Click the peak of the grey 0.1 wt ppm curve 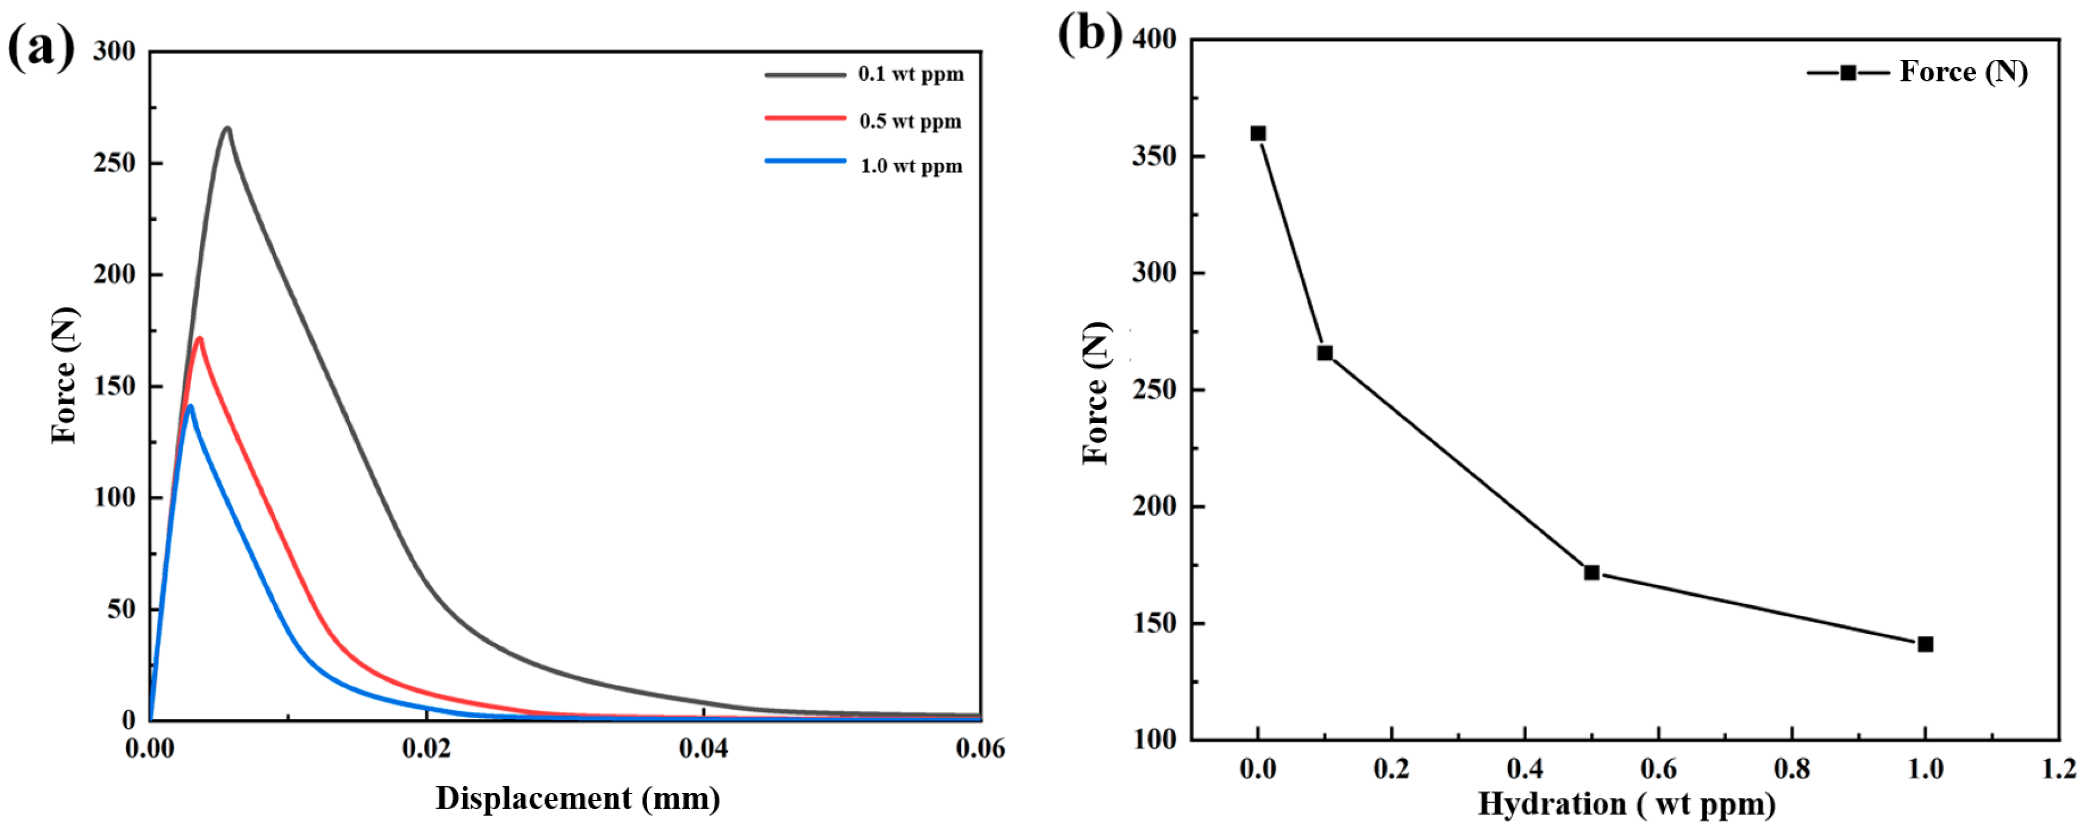(227, 128)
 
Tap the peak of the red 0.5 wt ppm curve (199, 338)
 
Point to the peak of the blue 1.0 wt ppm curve (189, 406)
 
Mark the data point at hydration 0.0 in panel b (1258, 133)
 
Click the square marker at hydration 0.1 (1324, 353)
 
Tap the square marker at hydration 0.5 (1592, 573)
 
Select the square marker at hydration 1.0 (1925, 644)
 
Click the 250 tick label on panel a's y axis (114, 163)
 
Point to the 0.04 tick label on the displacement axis (703, 748)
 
